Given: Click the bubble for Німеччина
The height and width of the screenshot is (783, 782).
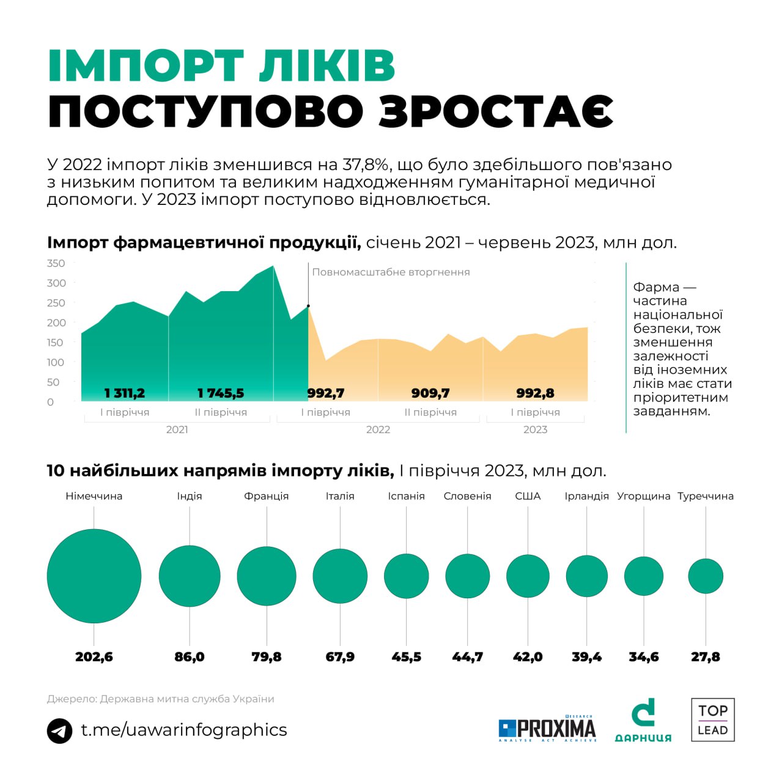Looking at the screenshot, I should tap(94, 576).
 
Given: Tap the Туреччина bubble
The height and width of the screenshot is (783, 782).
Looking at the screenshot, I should tap(706, 576).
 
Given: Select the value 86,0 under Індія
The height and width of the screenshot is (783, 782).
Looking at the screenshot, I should tap(190, 657).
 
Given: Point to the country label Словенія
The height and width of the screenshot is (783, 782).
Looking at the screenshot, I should tap(467, 496).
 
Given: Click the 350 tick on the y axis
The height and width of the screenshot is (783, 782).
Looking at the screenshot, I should tap(56, 264).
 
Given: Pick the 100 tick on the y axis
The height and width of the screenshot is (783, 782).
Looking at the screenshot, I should tap(56, 362).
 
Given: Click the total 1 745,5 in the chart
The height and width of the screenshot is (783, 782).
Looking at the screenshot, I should tap(221, 393).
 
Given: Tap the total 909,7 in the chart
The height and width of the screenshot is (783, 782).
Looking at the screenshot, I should tap(430, 393).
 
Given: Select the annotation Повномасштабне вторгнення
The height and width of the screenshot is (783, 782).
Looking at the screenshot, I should tap(391, 272).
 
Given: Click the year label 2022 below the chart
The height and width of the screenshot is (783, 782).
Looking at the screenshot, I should tap(378, 429).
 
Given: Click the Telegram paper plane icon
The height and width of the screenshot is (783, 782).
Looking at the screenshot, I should tap(59, 730).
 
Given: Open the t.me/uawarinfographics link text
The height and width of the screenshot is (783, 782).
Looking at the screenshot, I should tap(184, 730).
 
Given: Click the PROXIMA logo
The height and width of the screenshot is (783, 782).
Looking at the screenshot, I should tap(547, 728).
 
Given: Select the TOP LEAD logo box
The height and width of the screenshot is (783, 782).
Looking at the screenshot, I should tap(713, 720).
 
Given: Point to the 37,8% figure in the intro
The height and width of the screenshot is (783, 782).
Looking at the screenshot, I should tap(366, 165).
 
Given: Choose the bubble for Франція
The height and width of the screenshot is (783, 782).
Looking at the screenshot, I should tap(267, 576).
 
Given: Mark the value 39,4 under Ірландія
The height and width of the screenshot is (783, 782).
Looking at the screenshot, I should tap(586, 657).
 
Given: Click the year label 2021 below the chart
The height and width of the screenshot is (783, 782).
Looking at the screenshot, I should tap(177, 429).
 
